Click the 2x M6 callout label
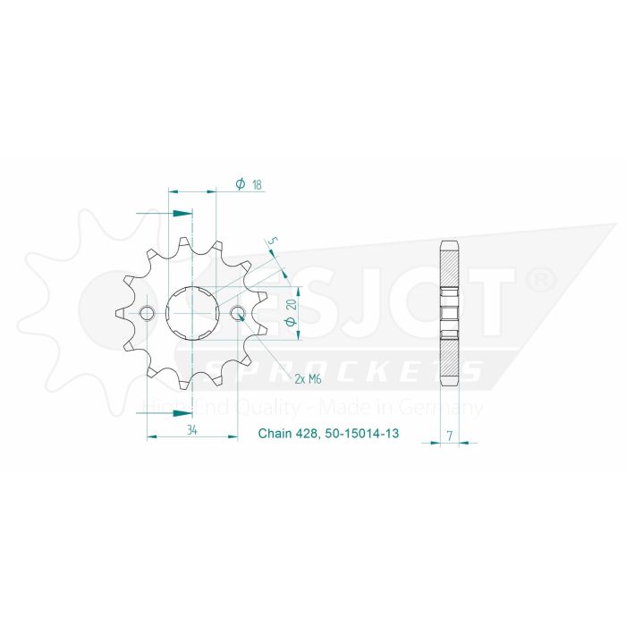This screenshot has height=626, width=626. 309,379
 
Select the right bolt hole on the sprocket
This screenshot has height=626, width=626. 237,313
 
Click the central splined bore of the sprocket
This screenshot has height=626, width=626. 192,313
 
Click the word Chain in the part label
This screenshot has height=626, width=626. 275,436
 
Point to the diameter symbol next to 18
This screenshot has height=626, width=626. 241,184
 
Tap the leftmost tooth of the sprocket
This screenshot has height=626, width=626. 119,314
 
